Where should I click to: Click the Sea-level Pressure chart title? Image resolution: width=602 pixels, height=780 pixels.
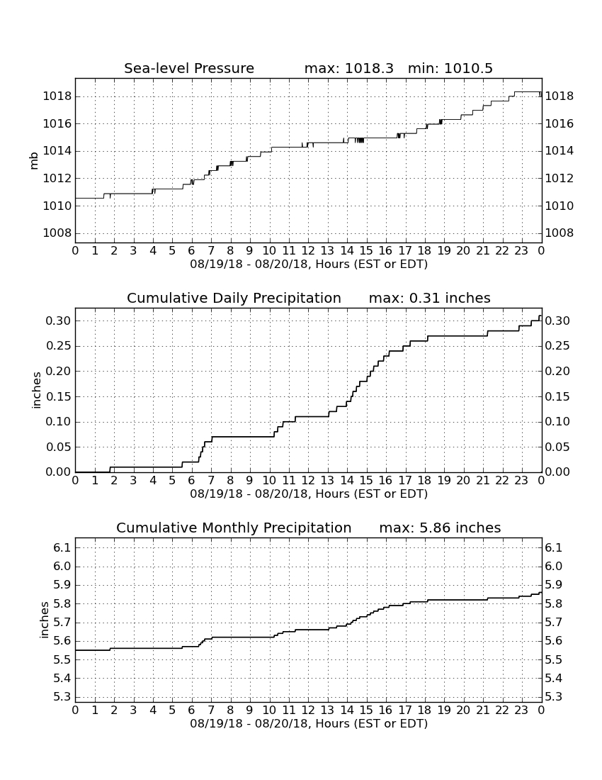tap(189, 68)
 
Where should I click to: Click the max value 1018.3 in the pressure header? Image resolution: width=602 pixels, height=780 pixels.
tap(369, 68)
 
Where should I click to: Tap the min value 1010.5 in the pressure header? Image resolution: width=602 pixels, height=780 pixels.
tap(468, 68)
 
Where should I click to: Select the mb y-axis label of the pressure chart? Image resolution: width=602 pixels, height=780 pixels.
tap(34, 161)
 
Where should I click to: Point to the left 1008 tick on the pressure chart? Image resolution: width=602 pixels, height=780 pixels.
tap(57, 233)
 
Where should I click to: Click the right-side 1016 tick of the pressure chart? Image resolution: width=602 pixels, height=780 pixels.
tap(560, 124)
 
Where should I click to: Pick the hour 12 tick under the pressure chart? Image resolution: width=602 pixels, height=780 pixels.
tap(308, 251)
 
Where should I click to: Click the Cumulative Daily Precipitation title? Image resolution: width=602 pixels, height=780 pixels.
tap(234, 298)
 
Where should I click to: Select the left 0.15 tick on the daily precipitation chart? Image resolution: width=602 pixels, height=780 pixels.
tap(58, 397)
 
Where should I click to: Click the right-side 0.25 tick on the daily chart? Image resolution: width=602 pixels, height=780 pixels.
tap(557, 346)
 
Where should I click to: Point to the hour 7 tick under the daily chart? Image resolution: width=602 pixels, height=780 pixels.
tap(211, 481)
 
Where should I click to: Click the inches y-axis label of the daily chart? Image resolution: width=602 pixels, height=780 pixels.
tap(36, 391)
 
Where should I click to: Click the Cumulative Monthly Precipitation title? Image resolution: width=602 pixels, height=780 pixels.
tap(234, 528)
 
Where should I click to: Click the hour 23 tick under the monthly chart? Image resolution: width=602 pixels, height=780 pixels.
tap(521, 711)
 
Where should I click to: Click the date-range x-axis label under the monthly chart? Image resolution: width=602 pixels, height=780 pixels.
tap(309, 723)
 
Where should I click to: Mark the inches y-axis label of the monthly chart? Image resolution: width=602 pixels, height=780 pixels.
tap(44, 620)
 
